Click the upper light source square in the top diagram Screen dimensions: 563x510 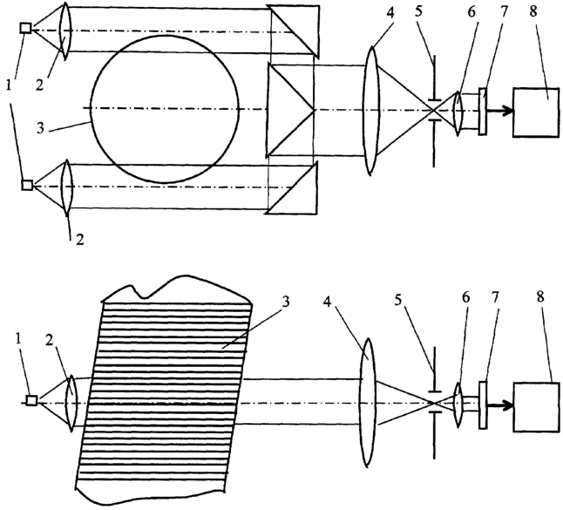pyautogui.click(x=26, y=28)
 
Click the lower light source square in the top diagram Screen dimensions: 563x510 pyautogui.click(x=27, y=185)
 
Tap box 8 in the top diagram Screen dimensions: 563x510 pyautogui.click(x=536, y=112)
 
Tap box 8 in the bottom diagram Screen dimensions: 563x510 pyautogui.click(x=537, y=407)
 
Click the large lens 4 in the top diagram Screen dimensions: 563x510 pyautogui.click(x=371, y=111)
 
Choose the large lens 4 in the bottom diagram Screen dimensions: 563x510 pyautogui.click(x=367, y=403)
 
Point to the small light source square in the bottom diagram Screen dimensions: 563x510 pyautogui.click(x=32, y=400)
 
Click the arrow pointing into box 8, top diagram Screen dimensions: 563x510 pyautogui.click(x=499, y=111)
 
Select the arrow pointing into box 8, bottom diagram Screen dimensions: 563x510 pyautogui.click(x=500, y=405)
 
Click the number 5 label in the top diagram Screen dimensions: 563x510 pyautogui.click(x=418, y=11)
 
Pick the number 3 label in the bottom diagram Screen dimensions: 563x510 pyautogui.click(x=286, y=302)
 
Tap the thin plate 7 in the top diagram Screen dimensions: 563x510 pyautogui.click(x=483, y=112)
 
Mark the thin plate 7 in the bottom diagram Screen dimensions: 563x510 pyautogui.click(x=484, y=405)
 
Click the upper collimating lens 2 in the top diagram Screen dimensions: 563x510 pyautogui.click(x=65, y=31)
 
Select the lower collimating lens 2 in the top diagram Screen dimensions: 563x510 pyautogui.click(x=67, y=187)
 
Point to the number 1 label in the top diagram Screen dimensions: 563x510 pyautogui.click(x=9, y=85)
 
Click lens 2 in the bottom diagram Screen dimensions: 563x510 pyautogui.click(x=71, y=403)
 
